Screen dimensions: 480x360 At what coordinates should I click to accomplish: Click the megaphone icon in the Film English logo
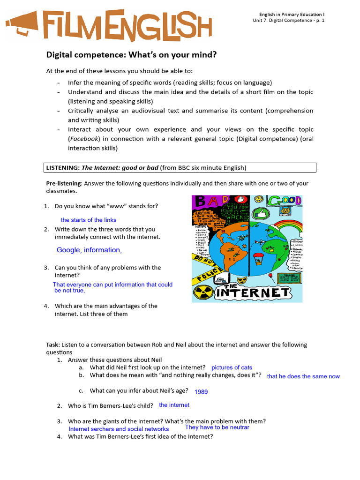pyautogui.click(x=22, y=24)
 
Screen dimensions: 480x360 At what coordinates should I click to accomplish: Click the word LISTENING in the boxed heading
pyautogui.click(x=63, y=168)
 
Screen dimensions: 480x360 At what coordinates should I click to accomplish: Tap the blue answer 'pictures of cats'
pyautogui.click(x=232, y=367)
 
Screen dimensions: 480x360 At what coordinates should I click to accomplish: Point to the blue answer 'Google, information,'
pyautogui.click(x=89, y=250)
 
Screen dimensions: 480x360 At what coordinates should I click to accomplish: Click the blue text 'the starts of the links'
pyautogui.click(x=88, y=220)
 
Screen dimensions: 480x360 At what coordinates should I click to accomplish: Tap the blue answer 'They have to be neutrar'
pyautogui.click(x=217, y=427)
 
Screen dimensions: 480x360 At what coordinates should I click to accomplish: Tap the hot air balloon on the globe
pyautogui.click(x=258, y=258)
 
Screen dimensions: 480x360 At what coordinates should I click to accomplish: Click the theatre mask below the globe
pyautogui.click(x=242, y=280)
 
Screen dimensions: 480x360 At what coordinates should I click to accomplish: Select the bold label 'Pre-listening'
pyautogui.click(x=64, y=183)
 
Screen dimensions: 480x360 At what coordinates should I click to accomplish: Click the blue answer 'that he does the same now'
pyautogui.click(x=303, y=376)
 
